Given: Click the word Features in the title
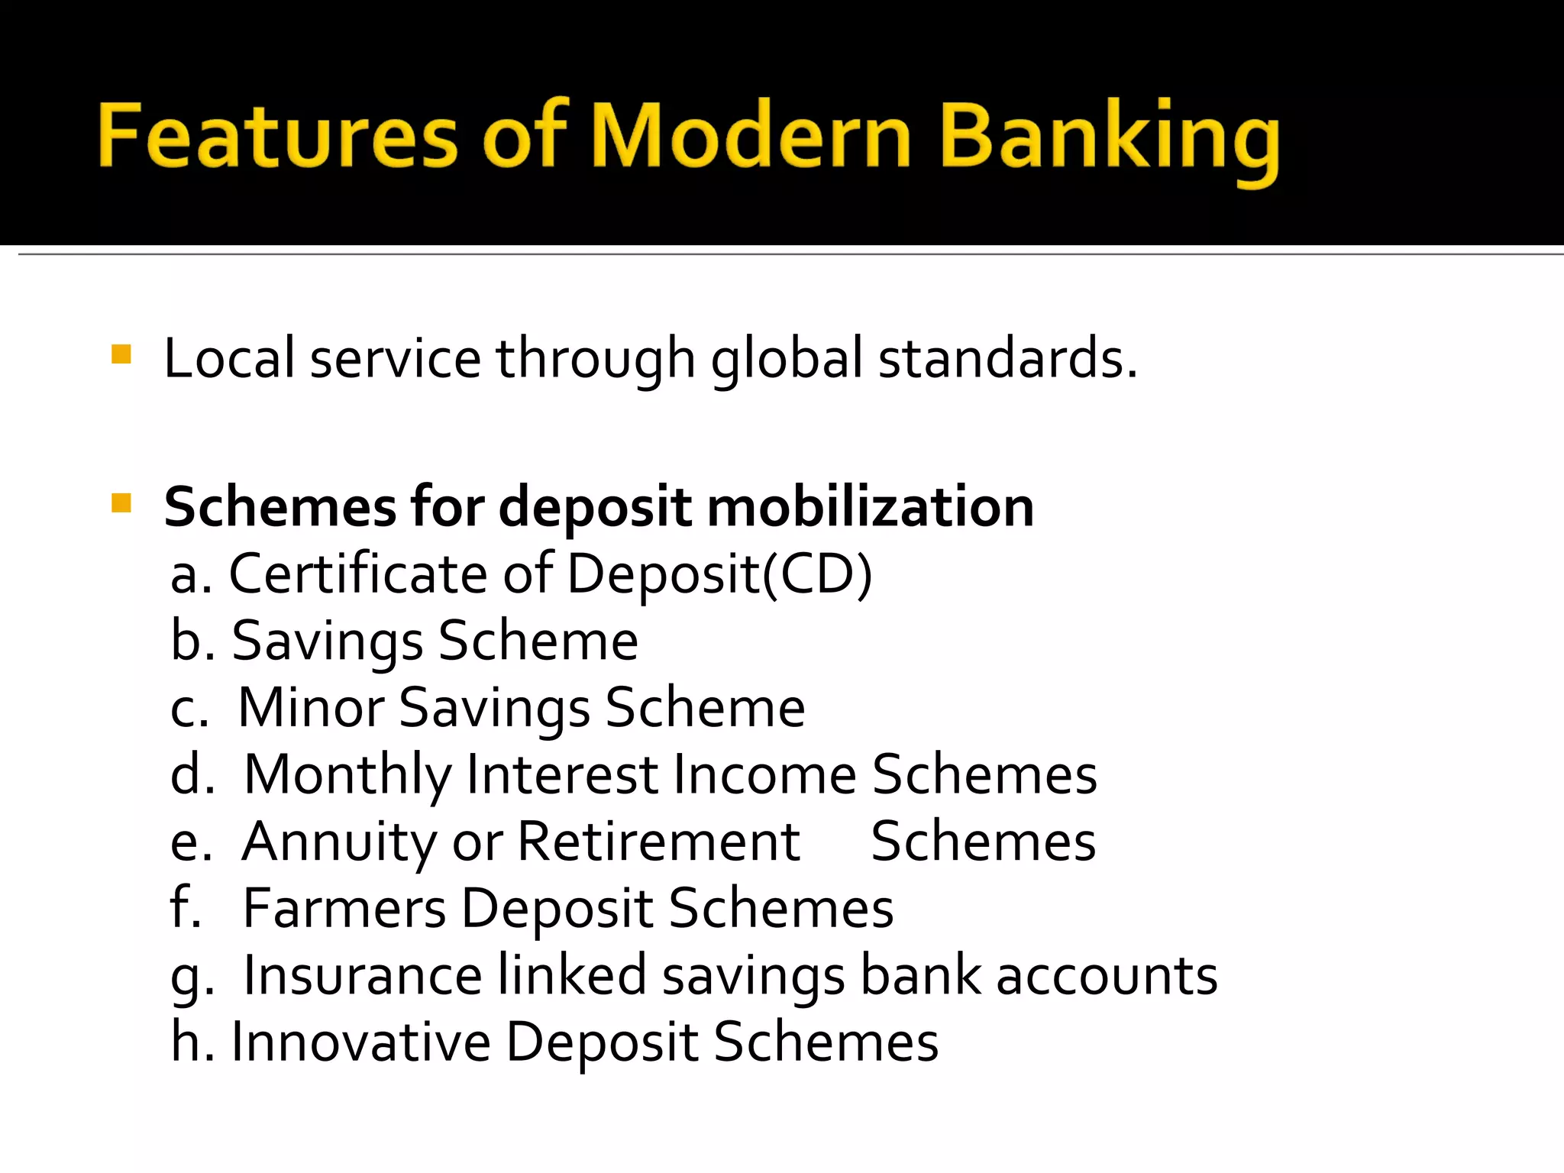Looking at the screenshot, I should coord(278,136).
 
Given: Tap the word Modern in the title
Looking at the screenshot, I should coord(751,136).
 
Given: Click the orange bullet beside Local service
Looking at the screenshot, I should coord(121,354).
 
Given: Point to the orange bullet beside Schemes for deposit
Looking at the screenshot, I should coord(121,503).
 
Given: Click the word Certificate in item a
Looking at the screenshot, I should coord(358,574).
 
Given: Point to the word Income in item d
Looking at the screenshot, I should coord(764,774).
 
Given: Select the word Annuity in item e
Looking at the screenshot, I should coord(339,843).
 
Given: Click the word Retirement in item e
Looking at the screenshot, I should coord(658,842).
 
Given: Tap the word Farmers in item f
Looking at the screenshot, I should coord(344,908).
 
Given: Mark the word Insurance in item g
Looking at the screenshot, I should coord(363,975).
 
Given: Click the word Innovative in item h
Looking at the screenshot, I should coord(360,1042).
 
